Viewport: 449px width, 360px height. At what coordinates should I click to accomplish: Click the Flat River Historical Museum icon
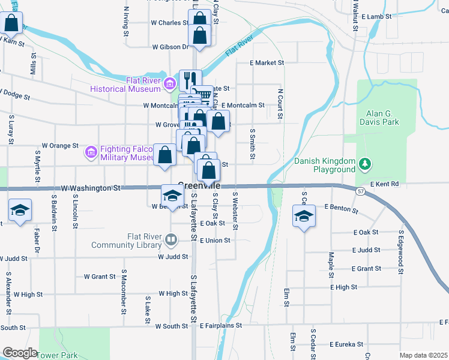click(169, 83)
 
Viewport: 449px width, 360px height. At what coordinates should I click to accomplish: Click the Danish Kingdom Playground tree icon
click(364, 164)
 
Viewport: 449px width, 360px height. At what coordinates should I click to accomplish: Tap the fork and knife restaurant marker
click(190, 79)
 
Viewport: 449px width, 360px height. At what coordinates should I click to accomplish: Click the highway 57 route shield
click(360, 191)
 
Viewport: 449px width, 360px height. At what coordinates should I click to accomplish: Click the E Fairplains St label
click(215, 325)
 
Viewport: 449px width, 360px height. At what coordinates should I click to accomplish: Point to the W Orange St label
click(60, 145)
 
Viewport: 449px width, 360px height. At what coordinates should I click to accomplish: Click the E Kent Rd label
click(385, 184)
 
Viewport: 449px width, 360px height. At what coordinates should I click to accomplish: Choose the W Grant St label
click(100, 277)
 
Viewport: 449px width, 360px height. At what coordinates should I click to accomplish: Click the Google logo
click(20, 353)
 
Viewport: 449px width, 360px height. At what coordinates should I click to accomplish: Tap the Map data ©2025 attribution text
click(424, 355)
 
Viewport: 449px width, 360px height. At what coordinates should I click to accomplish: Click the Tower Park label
click(58, 355)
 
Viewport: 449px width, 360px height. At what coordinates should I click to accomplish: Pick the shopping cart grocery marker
click(204, 94)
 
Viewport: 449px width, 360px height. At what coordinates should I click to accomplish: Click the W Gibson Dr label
click(170, 46)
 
